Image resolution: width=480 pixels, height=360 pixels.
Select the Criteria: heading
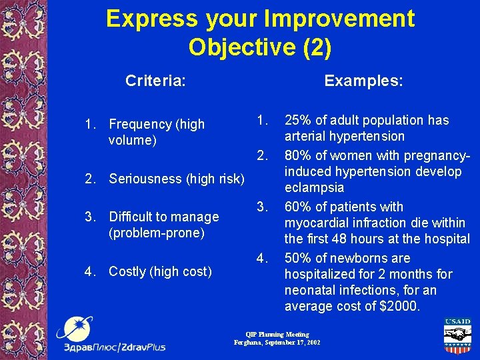(155, 81)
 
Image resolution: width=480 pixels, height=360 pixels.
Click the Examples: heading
(363, 81)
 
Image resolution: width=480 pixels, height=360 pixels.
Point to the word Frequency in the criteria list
(139, 124)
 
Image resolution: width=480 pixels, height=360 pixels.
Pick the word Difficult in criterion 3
(134, 217)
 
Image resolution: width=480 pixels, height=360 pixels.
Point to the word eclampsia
(315, 189)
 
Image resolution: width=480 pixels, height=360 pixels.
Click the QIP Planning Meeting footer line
(277, 334)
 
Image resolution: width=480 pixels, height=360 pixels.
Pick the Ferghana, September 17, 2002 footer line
(277, 342)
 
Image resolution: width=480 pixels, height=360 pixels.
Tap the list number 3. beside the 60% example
(263, 207)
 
